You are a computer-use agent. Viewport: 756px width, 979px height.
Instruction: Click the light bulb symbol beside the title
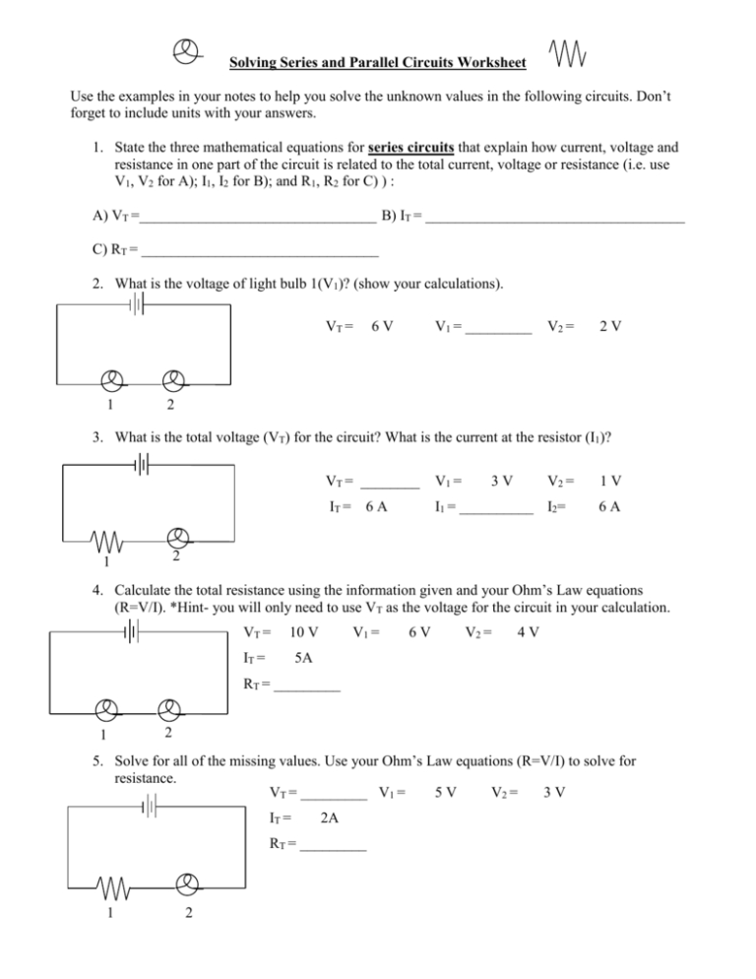(x=185, y=52)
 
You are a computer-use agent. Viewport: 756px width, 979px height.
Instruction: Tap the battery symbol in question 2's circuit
(x=138, y=306)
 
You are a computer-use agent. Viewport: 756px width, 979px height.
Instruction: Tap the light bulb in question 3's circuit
(x=177, y=538)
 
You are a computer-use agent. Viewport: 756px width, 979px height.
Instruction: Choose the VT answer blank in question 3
(x=391, y=483)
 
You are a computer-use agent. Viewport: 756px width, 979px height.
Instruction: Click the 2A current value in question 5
(x=334, y=817)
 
